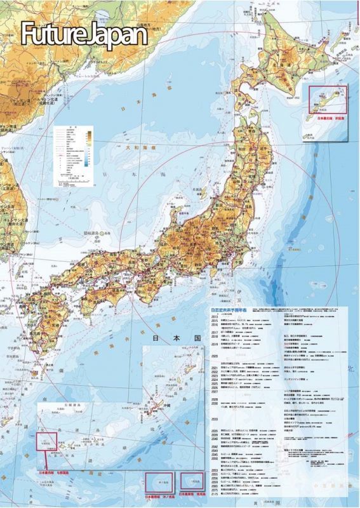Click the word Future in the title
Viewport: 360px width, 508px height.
[54, 35]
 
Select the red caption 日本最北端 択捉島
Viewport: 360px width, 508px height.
[328, 117]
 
